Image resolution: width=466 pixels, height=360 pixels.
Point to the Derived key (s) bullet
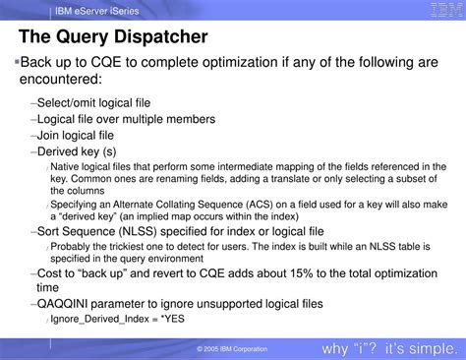(76, 151)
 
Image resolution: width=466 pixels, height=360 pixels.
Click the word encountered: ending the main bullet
(62, 79)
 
